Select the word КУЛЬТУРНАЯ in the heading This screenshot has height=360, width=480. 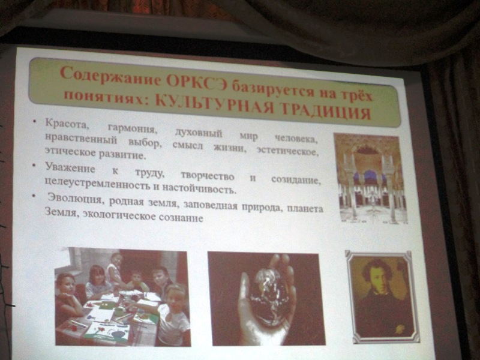pos(214,104)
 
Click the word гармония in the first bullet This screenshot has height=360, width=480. pos(132,128)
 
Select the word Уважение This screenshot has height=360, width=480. pos(70,168)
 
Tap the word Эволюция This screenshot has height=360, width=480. pos(74,199)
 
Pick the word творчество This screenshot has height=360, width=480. pos(207,176)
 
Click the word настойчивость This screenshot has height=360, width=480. pos(199,188)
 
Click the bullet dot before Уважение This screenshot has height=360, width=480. pos(34,166)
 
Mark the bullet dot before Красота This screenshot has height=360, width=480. pos(35,122)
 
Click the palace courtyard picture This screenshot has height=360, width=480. pos(371,178)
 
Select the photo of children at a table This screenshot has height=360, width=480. pos(122,296)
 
